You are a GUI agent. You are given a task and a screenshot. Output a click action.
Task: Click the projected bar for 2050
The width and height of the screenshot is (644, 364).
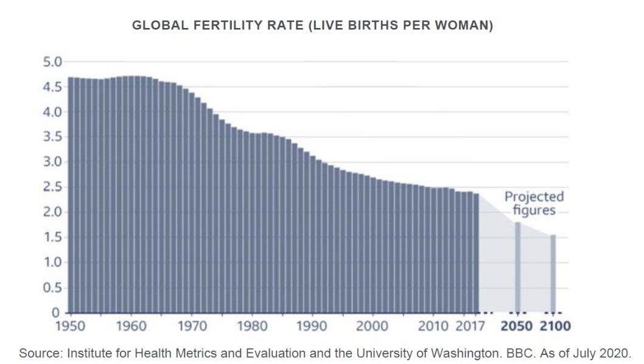pyautogui.click(x=517, y=268)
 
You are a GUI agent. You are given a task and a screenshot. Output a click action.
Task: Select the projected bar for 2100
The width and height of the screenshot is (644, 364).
pyautogui.click(x=553, y=274)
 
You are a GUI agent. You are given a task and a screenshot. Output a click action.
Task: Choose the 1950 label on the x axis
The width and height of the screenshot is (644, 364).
pyautogui.click(x=70, y=326)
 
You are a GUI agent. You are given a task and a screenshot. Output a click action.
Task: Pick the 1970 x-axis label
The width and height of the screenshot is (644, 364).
pyautogui.click(x=191, y=326)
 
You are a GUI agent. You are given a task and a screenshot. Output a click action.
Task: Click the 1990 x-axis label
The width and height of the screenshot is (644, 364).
pyautogui.click(x=311, y=326)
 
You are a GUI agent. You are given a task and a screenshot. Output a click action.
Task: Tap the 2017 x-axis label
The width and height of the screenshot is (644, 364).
pyautogui.click(x=470, y=326)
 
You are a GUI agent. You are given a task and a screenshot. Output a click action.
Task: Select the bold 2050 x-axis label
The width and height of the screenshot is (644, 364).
pyautogui.click(x=517, y=326)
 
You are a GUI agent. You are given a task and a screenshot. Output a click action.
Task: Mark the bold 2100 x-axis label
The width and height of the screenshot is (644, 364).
pyautogui.click(x=554, y=326)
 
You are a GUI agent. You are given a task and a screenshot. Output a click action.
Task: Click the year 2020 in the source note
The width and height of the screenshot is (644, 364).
pyautogui.click(x=617, y=353)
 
